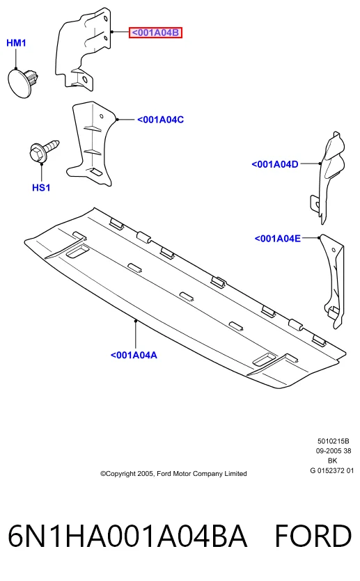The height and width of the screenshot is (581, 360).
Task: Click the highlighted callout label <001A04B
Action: (155, 33)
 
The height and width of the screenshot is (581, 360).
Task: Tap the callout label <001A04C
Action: (161, 120)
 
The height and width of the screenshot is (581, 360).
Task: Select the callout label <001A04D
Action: (275, 164)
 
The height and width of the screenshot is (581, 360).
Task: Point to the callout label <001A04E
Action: (277, 238)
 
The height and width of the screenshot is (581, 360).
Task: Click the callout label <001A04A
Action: (134, 355)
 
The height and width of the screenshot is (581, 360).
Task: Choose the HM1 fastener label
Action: (16, 43)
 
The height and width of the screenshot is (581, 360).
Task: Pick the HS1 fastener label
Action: (41, 187)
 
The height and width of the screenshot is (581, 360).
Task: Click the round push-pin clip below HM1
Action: (23, 82)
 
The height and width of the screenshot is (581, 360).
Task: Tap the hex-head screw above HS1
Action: (42, 151)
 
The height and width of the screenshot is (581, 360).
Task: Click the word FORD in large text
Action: (313, 536)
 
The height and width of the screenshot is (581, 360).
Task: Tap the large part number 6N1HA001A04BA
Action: (127, 536)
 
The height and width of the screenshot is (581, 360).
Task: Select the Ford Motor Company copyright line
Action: (173, 474)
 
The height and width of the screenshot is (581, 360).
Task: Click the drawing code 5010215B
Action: (334, 441)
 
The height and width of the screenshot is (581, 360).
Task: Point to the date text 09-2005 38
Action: (334, 451)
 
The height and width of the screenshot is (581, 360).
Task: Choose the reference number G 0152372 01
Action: (332, 470)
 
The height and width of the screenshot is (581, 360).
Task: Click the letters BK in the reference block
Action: (333, 461)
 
